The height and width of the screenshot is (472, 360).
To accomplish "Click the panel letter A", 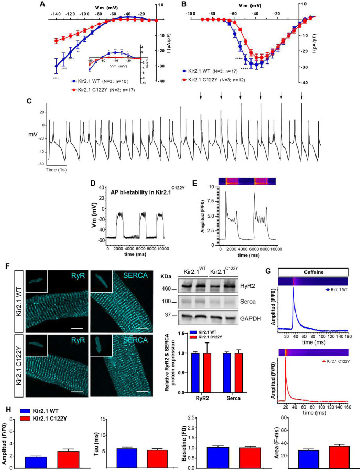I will [x=41, y=5].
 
